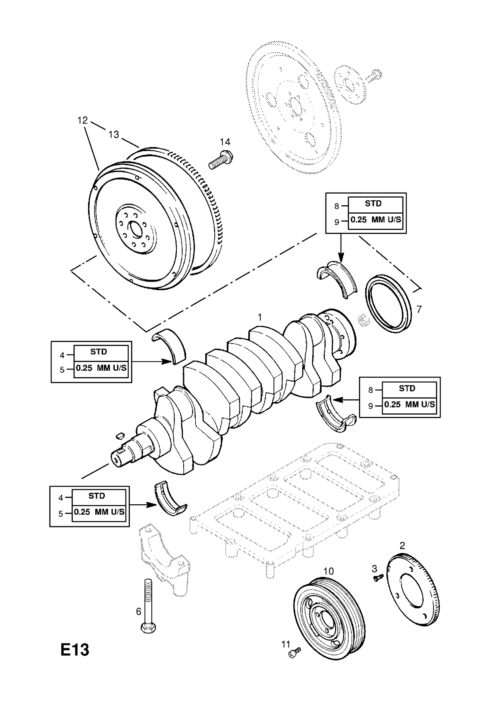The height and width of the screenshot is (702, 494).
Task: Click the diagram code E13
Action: click(74, 650)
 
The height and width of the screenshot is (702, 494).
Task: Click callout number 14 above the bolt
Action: click(225, 142)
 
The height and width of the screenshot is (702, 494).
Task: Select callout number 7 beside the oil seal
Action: click(419, 309)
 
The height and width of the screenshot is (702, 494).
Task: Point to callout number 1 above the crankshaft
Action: click(260, 317)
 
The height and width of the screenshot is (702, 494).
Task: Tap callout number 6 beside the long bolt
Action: click(139, 612)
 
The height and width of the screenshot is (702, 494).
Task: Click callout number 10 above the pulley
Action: click(328, 571)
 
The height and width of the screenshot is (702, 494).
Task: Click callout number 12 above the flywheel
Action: click(82, 120)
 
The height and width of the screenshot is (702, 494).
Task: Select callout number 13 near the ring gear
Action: click(114, 134)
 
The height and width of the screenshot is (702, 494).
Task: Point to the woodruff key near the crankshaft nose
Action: click(120, 433)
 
